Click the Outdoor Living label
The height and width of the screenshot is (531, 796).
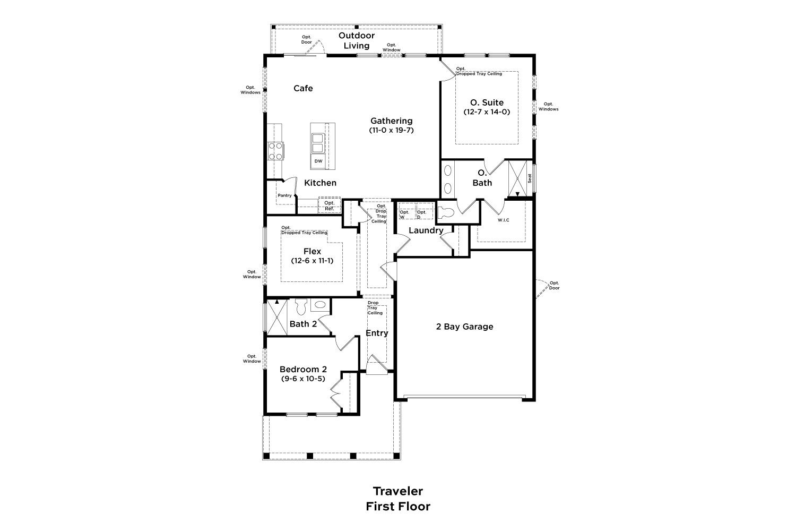coord(357,40)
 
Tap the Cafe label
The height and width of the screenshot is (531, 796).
coord(303,88)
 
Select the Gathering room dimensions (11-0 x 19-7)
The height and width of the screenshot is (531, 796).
coord(391,130)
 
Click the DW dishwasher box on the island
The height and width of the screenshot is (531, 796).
coord(318,161)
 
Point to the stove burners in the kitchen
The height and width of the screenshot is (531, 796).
coord(276,151)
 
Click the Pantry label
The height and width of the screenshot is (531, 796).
coord(284,195)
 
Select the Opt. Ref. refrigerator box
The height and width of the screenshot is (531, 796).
coord(330,205)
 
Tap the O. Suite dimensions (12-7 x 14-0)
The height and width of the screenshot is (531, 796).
coord(487,112)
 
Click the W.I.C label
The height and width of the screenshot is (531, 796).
coord(503,220)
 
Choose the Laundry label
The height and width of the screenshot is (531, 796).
coord(426,230)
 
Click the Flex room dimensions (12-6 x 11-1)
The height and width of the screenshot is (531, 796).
coord(312,261)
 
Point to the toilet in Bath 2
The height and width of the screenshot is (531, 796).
coord(301,306)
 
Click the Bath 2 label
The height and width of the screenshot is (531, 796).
coord(303,324)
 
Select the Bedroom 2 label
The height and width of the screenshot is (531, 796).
coord(303,370)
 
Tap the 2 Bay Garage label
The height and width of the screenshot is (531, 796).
coord(464,327)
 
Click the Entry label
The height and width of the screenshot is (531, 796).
coord(377,333)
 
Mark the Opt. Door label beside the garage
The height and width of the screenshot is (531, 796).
coord(554,285)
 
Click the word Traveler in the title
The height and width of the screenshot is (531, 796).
coord(397,491)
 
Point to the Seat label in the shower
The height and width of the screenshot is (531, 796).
coord(530,179)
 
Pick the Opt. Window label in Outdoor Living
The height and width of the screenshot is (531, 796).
coord(392,47)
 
